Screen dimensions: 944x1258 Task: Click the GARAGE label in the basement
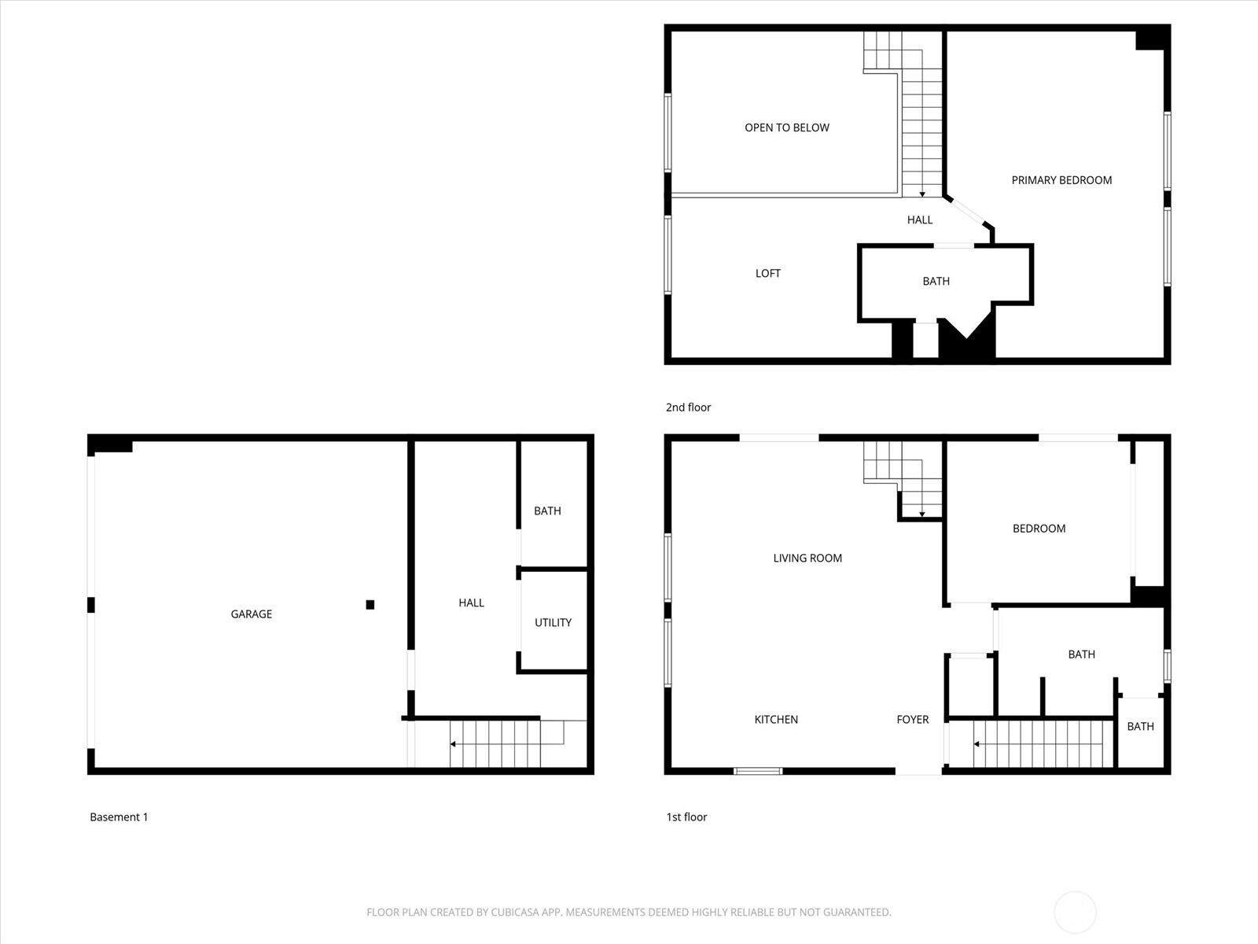click(x=251, y=614)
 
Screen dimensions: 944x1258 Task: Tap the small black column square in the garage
click(x=370, y=604)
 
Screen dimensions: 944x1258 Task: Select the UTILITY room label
click(x=553, y=622)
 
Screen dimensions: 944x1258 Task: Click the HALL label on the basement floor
click(x=471, y=603)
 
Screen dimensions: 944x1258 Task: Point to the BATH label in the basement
click(x=547, y=511)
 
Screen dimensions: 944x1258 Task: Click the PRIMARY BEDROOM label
click(x=1061, y=180)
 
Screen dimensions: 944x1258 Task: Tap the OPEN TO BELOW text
click(x=786, y=127)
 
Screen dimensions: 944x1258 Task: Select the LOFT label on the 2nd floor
click(x=767, y=273)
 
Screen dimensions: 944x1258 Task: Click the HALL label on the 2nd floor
click(x=919, y=219)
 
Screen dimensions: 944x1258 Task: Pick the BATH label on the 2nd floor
click(x=936, y=281)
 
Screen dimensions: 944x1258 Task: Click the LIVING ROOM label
click(x=807, y=558)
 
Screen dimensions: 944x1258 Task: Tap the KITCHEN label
click(x=776, y=719)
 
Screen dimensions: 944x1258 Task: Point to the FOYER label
click(x=912, y=719)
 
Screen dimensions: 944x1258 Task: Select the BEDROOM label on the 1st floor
click(x=1039, y=529)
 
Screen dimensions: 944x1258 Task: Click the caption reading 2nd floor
click(x=688, y=407)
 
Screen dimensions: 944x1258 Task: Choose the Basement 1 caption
click(x=119, y=817)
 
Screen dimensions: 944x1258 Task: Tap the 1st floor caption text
click(x=686, y=817)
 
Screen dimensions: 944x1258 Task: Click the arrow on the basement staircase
click(x=454, y=743)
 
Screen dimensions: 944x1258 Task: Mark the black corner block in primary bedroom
click(x=1152, y=39)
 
